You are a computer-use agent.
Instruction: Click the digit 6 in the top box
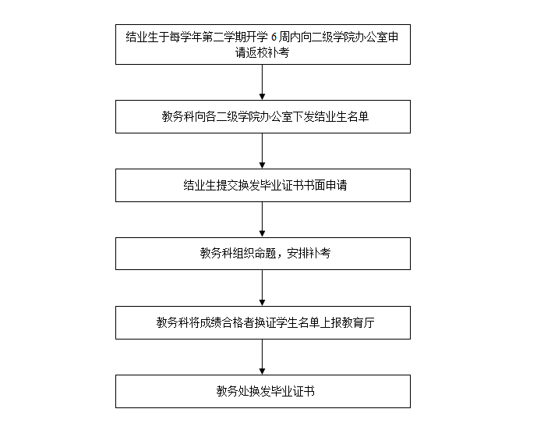point(274,37)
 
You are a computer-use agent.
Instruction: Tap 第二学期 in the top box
point(224,37)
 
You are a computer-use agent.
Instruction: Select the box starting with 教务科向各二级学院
point(263,116)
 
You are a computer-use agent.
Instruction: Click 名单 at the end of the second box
point(358,116)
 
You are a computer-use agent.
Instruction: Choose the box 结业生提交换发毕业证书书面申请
point(263,185)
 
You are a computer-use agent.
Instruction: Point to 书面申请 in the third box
point(325,185)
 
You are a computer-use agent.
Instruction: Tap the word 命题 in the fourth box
point(266,254)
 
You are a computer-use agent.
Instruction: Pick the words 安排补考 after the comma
point(309,254)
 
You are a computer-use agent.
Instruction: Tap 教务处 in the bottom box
point(232,391)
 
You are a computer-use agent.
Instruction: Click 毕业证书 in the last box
point(292,391)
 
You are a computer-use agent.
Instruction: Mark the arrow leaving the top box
point(263,82)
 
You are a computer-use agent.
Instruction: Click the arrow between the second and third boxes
point(263,151)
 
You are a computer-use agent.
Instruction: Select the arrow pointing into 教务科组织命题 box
point(263,219)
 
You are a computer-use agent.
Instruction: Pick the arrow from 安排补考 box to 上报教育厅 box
point(263,288)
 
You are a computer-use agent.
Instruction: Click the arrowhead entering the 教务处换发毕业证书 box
point(263,372)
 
